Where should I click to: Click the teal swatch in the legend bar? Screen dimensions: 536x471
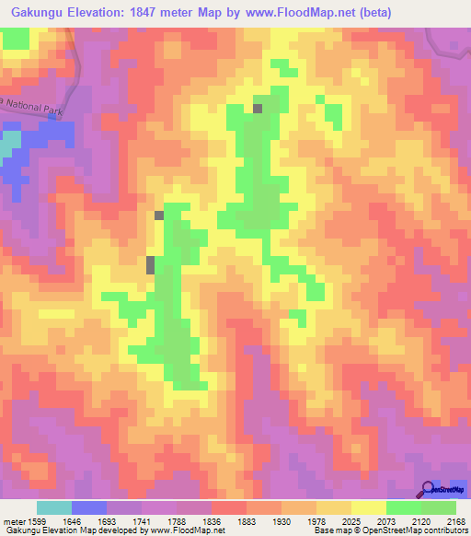[54, 507]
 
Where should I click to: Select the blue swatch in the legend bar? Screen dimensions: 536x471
[89, 507]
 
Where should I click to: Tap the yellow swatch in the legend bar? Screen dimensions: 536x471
[368, 507]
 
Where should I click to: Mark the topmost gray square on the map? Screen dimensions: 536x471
[258, 109]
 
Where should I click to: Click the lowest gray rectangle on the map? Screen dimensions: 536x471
[151, 265]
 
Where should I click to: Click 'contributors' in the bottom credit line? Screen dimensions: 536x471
[444, 530]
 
